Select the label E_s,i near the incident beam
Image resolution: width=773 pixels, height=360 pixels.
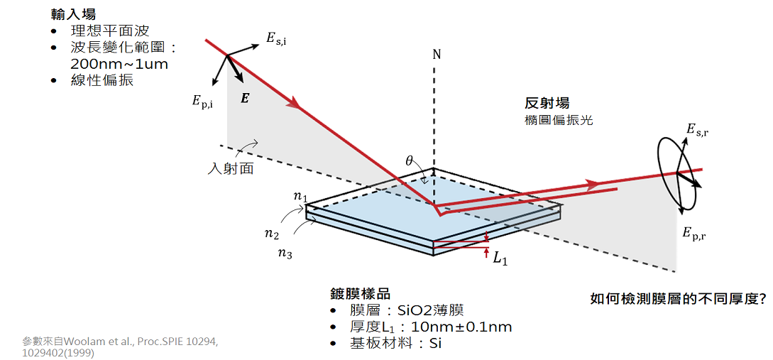(x=277, y=40)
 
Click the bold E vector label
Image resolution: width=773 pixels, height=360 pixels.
(x=244, y=99)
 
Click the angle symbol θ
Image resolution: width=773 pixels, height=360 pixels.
(x=409, y=160)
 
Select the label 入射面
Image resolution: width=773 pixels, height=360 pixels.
(x=231, y=169)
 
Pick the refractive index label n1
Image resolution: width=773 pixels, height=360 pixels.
(x=300, y=196)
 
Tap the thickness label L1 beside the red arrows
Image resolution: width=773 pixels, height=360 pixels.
(x=500, y=258)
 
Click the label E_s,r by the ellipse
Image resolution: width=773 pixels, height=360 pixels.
(x=698, y=130)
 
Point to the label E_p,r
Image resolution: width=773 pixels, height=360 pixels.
(x=694, y=234)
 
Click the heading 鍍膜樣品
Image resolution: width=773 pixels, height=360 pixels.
(x=361, y=295)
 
